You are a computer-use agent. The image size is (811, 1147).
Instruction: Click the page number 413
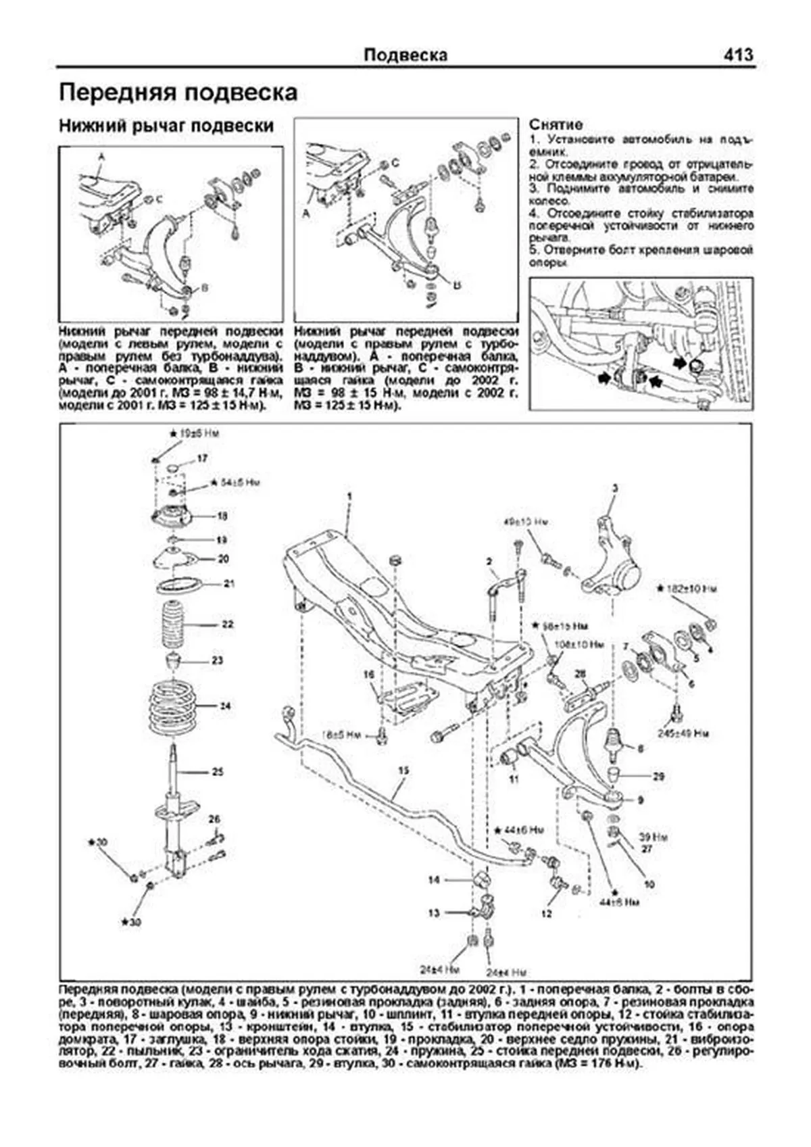[x=737, y=55]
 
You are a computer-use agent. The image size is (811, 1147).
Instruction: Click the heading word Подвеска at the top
[x=405, y=55]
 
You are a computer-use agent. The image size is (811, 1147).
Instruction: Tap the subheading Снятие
[x=556, y=125]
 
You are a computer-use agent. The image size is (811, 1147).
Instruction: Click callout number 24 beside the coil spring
[x=225, y=706]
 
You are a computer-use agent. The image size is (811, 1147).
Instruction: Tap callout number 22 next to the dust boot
[x=227, y=625]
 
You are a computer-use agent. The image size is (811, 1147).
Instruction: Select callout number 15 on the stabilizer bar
[x=403, y=771]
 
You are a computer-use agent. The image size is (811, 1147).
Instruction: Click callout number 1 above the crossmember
[x=350, y=497]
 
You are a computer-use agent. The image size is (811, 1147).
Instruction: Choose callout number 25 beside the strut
[x=218, y=771]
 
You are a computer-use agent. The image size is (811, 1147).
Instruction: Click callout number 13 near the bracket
[x=433, y=912]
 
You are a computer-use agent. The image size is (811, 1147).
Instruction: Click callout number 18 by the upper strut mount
[x=222, y=516]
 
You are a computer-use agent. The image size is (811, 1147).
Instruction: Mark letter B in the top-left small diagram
[x=204, y=288]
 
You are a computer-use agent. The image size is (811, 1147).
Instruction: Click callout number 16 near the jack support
[x=368, y=675]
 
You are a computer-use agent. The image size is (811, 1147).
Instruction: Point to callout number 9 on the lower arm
[x=641, y=800]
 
